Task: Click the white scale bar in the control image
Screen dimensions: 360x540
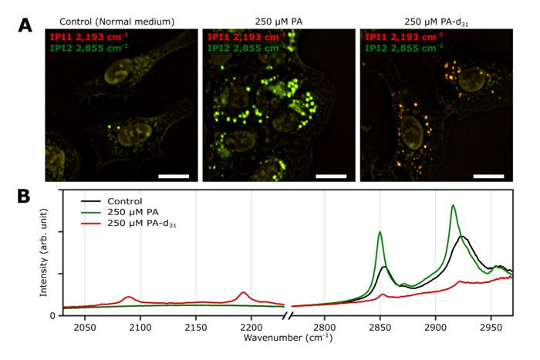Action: pyautogui.click(x=174, y=176)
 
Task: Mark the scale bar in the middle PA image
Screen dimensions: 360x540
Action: pyautogui.click(x=331, y=176)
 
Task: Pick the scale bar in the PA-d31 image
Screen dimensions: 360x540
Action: pyautogui.click(x=488, y=176)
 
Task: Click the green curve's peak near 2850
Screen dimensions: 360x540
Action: pyautogui.click(x=380, y=232)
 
